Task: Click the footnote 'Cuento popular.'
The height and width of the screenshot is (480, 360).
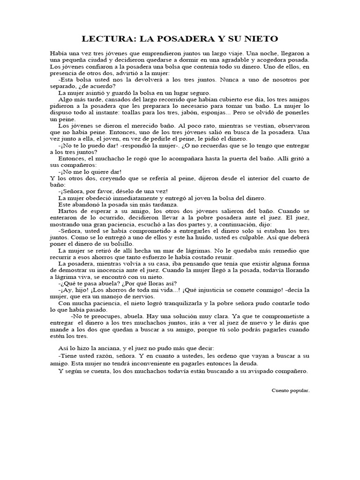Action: [290, 390]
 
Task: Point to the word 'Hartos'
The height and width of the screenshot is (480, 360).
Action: [68, 211]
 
